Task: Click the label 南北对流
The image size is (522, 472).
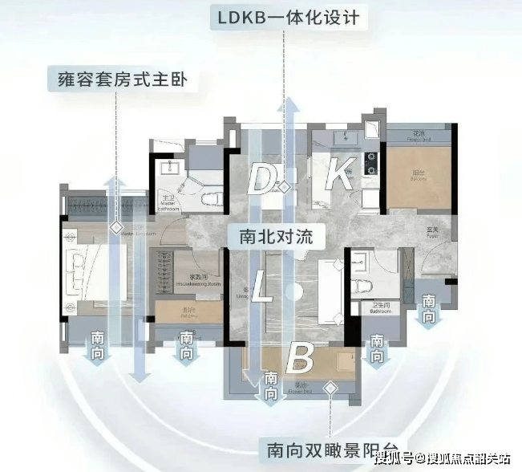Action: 276,237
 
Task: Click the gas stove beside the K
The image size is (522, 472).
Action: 371,162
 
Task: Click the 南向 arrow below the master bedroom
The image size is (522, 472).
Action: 98,345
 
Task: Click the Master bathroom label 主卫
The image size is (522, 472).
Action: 168,196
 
